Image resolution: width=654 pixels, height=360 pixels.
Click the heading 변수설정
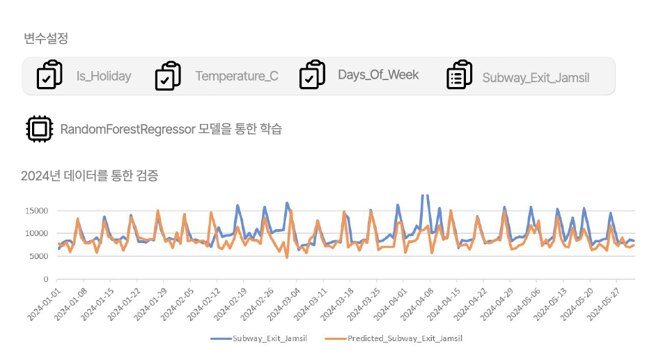coord(46,39)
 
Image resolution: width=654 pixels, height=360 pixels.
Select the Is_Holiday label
coord(104,77)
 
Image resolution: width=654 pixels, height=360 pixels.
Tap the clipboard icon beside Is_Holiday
coord(49,75)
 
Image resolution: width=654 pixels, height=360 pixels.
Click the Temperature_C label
coord(237,77)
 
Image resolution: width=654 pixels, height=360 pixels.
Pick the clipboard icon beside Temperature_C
coord(168,75)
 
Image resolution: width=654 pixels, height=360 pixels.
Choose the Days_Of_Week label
coord(378,75)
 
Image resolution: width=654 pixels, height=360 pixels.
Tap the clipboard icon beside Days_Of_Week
coord(312,75)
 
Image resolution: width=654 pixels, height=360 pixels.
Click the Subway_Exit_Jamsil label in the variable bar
coord(536,77)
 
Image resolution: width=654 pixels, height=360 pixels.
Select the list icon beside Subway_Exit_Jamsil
coord(459,75)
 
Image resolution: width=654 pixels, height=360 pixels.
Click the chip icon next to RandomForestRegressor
coord(39,129)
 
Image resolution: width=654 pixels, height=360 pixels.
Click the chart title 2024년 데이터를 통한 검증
coord(89,175)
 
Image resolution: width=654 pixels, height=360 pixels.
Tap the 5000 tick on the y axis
coord(38,256)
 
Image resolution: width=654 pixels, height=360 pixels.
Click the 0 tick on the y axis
coord(45,279)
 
